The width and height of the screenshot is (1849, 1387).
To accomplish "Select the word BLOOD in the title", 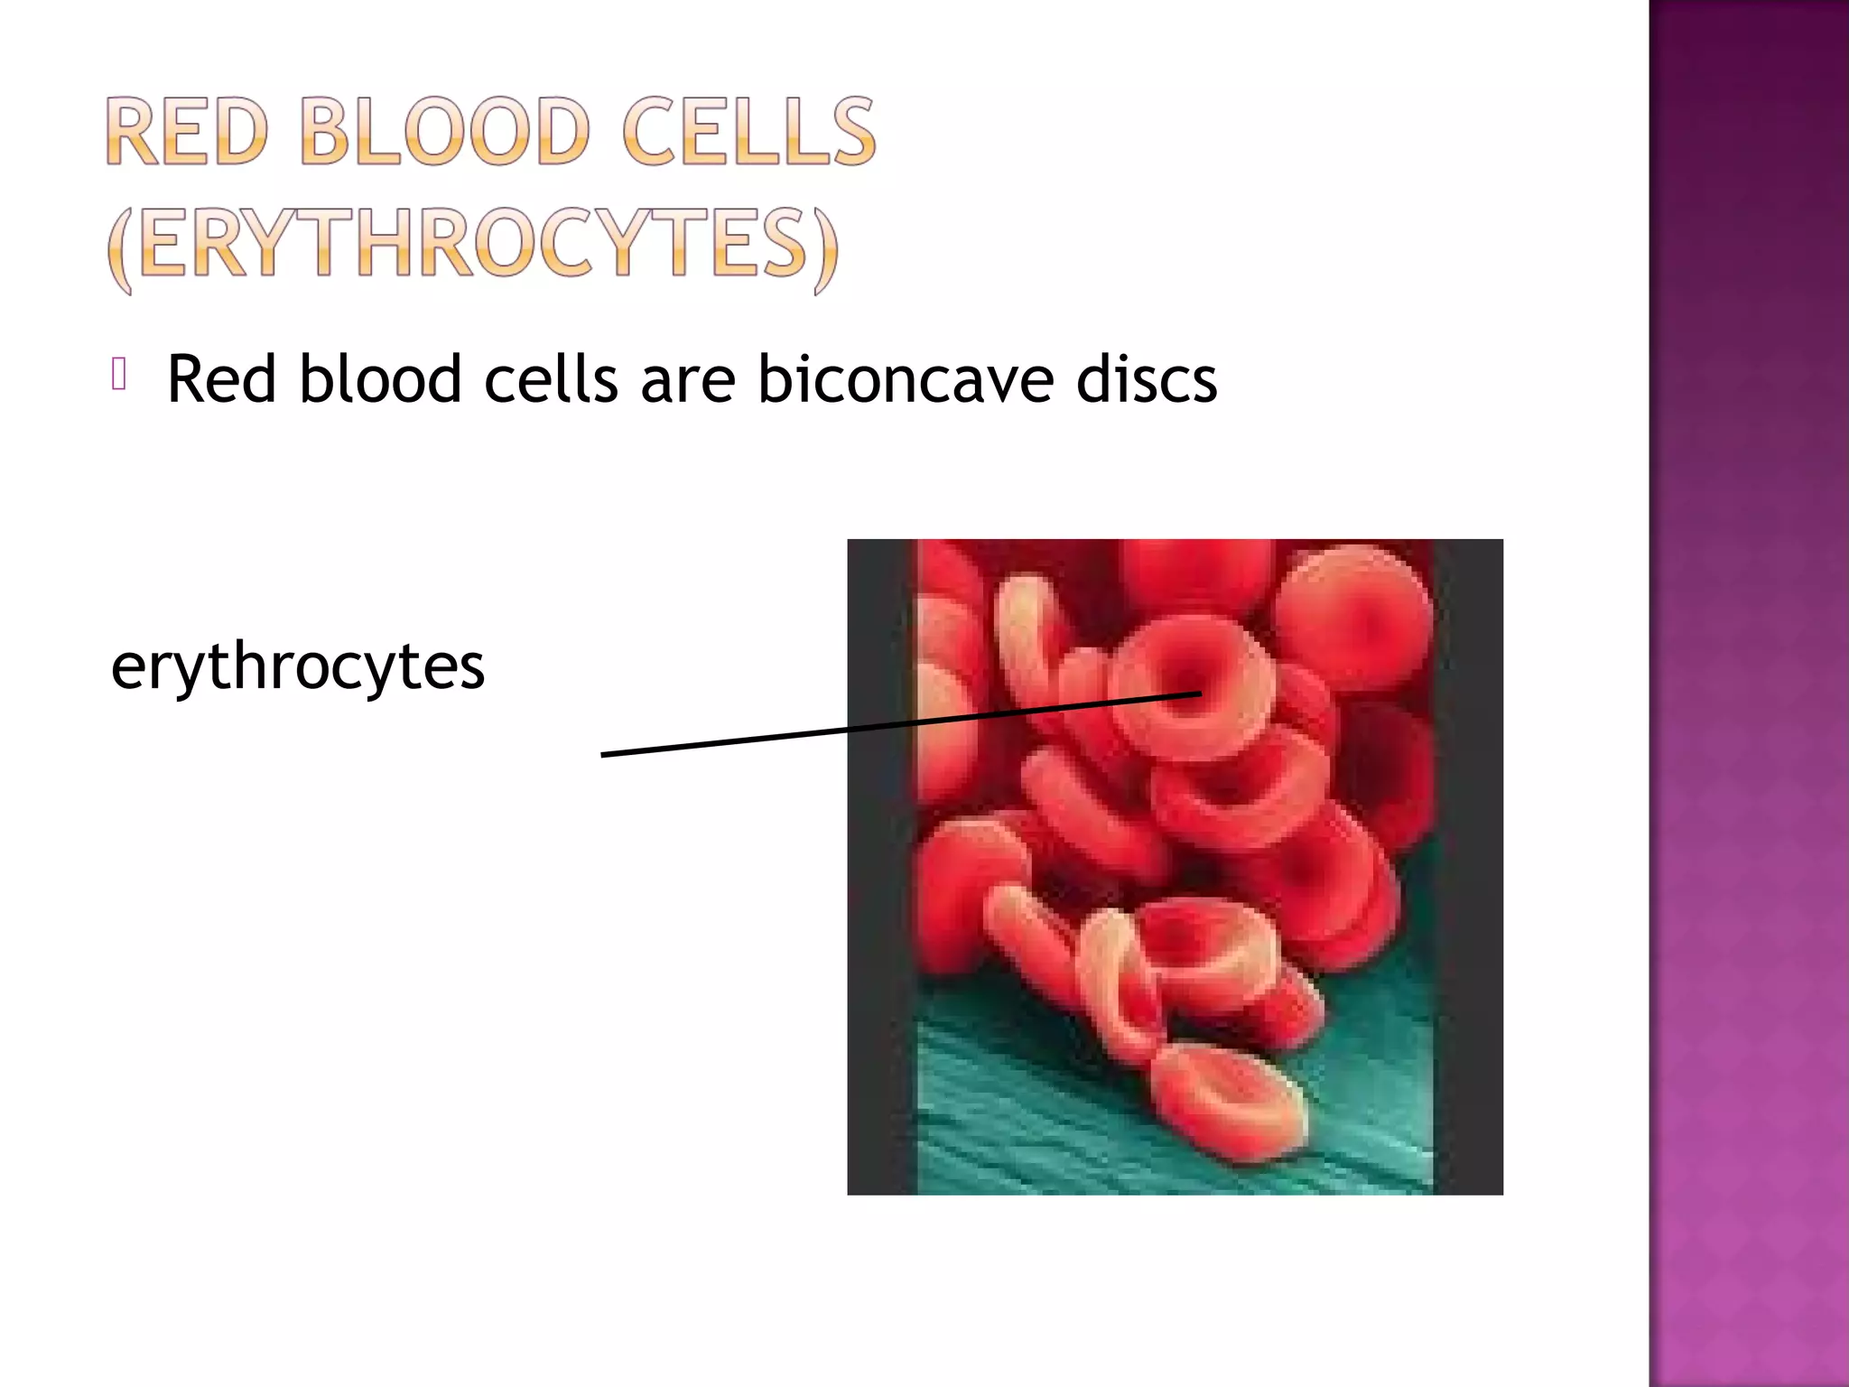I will click(x=443, y=133).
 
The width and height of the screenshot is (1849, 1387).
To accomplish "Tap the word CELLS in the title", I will click(x=748, y=133).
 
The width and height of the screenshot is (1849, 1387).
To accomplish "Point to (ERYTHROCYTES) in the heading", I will click(x=472, y=245).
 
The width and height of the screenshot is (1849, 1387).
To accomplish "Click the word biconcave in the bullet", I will click(x=905, y=379).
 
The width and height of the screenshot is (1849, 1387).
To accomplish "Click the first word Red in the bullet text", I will click(x=221, y=379).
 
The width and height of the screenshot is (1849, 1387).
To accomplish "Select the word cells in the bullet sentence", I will click(x=551, y=379).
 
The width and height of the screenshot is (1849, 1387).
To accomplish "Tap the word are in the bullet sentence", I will click(x=687, y=379).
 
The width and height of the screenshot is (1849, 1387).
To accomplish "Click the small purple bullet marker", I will click(x=118, y=374).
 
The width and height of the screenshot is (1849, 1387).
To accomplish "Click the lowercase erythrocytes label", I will click(x=298, y=666).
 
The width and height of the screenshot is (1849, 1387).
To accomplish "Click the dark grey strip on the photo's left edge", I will click(x=881, y=867).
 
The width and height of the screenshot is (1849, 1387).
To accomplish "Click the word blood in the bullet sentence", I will click(x=380, y=379).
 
